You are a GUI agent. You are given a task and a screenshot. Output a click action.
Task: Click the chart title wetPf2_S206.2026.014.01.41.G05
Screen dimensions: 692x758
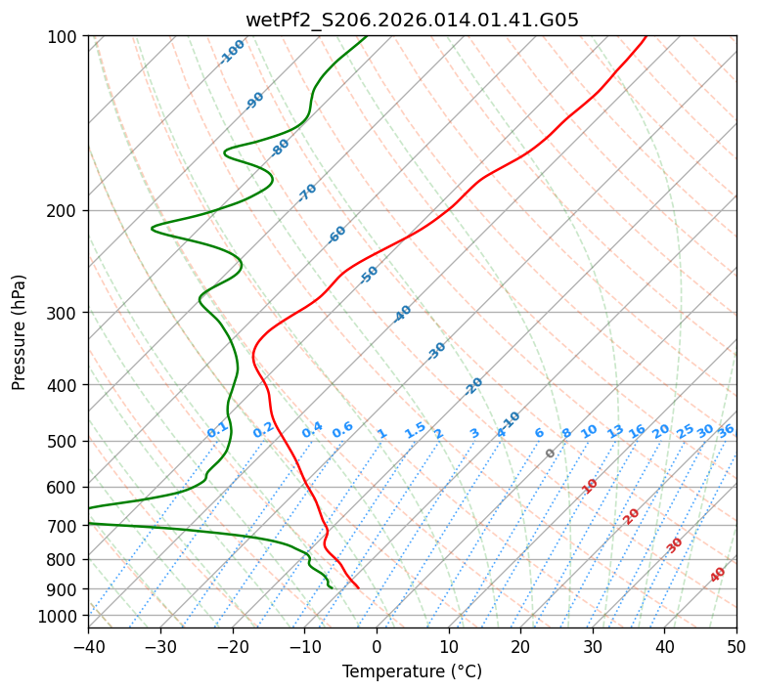point(412,20)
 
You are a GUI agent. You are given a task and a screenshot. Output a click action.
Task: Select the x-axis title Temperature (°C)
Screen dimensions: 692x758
point(412,672)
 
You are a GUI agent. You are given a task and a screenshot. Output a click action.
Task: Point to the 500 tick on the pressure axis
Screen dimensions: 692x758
point(65,441)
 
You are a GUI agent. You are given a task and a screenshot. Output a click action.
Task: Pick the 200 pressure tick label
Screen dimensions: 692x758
point(65,210)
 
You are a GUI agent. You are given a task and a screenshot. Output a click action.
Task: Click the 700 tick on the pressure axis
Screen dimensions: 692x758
point(65,526)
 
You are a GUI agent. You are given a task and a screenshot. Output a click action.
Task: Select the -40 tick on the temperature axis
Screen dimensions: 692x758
point(88,646)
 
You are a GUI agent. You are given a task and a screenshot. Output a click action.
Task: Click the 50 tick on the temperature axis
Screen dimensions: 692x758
point(736,646)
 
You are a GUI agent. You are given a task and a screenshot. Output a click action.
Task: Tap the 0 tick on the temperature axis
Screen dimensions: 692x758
point(377,646)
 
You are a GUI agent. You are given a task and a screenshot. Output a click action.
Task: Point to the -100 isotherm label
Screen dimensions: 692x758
point(232,52)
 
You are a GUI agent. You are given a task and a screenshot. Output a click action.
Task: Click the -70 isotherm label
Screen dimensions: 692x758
point(307,193)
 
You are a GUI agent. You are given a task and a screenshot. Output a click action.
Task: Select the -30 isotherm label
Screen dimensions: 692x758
point(436,351)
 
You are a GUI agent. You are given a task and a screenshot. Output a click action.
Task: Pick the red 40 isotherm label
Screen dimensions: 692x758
point(718,575)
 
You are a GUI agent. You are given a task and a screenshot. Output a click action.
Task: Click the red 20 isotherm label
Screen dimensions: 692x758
point(632,516)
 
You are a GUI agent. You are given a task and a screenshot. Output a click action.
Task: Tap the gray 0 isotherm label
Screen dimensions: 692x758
point(551,454)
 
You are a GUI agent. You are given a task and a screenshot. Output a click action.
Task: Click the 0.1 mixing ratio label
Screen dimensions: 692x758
point(217,430)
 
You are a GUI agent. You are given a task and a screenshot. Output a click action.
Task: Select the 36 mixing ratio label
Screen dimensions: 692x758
point(726,430)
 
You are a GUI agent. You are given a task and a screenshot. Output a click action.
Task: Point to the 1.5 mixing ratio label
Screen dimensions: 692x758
point(415,430)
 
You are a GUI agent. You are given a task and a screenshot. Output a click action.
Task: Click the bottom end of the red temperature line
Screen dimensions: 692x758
point(358,587)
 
